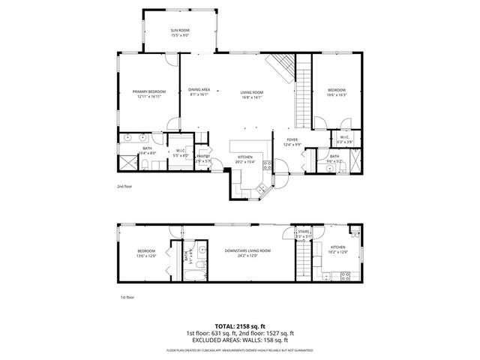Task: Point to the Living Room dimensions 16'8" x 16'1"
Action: click(251, 97)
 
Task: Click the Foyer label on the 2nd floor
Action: click(292, 139)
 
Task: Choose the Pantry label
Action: click(203, 156)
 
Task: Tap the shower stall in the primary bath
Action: click(128, 162)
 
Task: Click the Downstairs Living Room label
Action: click(247, 250)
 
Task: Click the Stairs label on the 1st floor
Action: click(304, 233)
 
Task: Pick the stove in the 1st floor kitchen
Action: click(345, 274)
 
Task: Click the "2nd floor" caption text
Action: click(124, 185)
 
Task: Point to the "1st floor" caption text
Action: click(127, 298)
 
